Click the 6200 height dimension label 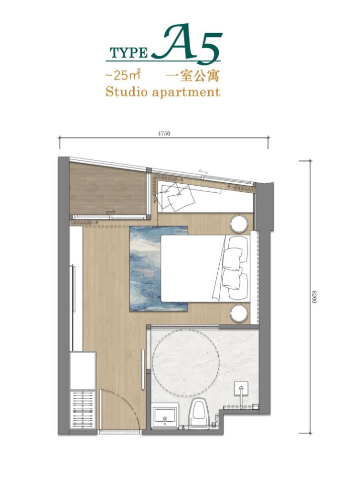[x=314, y=297]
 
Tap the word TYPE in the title [x=129, y=53]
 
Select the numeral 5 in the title [x=209, y=48]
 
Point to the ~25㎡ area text [x=122, y=75]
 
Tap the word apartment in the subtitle [x=186, y=93]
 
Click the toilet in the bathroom [x=199, y=412]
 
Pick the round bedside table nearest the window [x=239, y=223]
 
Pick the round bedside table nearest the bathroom [x=239, y=313]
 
